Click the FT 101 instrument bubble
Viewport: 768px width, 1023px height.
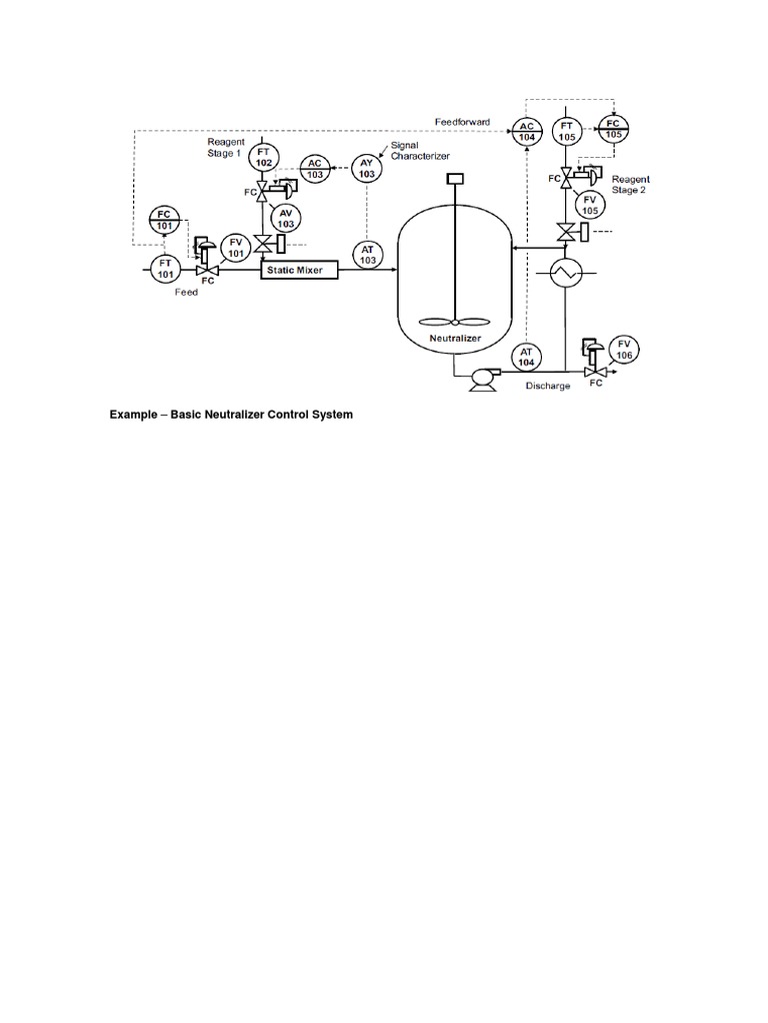click(x=162, y=268)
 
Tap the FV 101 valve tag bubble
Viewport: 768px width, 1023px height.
click(x=236, y=247)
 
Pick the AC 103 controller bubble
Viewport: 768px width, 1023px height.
click(x=315, y=168)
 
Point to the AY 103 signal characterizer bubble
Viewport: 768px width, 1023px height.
click(x=366, y=168)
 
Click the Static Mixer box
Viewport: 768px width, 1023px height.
click(x=299, y=270)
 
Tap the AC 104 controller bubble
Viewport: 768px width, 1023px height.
click(x=526, y=130)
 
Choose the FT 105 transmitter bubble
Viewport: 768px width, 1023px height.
click(x=568, y=130)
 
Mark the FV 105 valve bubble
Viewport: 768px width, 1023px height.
click(x=590, y=205)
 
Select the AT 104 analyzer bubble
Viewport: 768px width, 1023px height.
click(x=526, y=356)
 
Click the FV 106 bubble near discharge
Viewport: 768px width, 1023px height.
click(x=624, y=349)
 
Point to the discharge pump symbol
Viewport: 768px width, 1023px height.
click(x=483, y=377)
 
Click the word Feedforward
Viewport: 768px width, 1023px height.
click(x=462, y=121)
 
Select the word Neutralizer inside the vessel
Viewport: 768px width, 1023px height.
click(x=455, y=339)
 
